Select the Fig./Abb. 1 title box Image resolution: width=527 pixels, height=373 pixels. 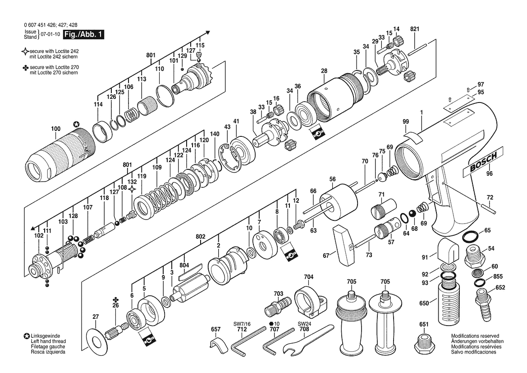tap(84, 34)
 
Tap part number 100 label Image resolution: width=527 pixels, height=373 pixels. tap(56, 129)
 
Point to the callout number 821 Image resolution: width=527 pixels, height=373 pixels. tap(415, 29)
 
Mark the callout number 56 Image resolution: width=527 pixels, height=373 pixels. tap(332, 179)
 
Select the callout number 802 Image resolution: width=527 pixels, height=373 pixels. tap(200, 237)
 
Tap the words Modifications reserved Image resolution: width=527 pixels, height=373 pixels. tap(475, 336)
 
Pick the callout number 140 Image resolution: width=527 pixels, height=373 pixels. tap(215, 134)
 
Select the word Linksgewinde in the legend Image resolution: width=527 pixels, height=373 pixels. tap(46, 336)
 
